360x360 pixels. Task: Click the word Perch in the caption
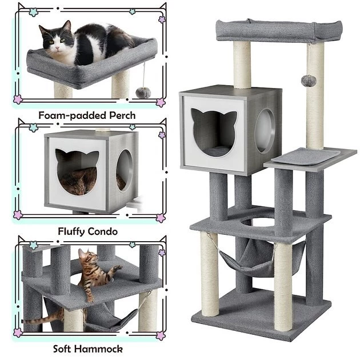tap(122, 115)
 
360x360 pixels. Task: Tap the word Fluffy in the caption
tap(71, 231)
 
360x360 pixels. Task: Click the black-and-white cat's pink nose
tap(58, 48)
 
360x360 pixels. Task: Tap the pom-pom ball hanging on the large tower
tap(309, 81)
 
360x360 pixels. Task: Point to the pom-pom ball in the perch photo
tap(143, 93)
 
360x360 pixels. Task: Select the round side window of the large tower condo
tap(265, 131)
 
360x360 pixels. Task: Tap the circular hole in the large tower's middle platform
tap(258, 223)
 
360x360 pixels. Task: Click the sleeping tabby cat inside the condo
tap(78, 181)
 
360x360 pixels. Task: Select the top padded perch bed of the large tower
tap(279, 31)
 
